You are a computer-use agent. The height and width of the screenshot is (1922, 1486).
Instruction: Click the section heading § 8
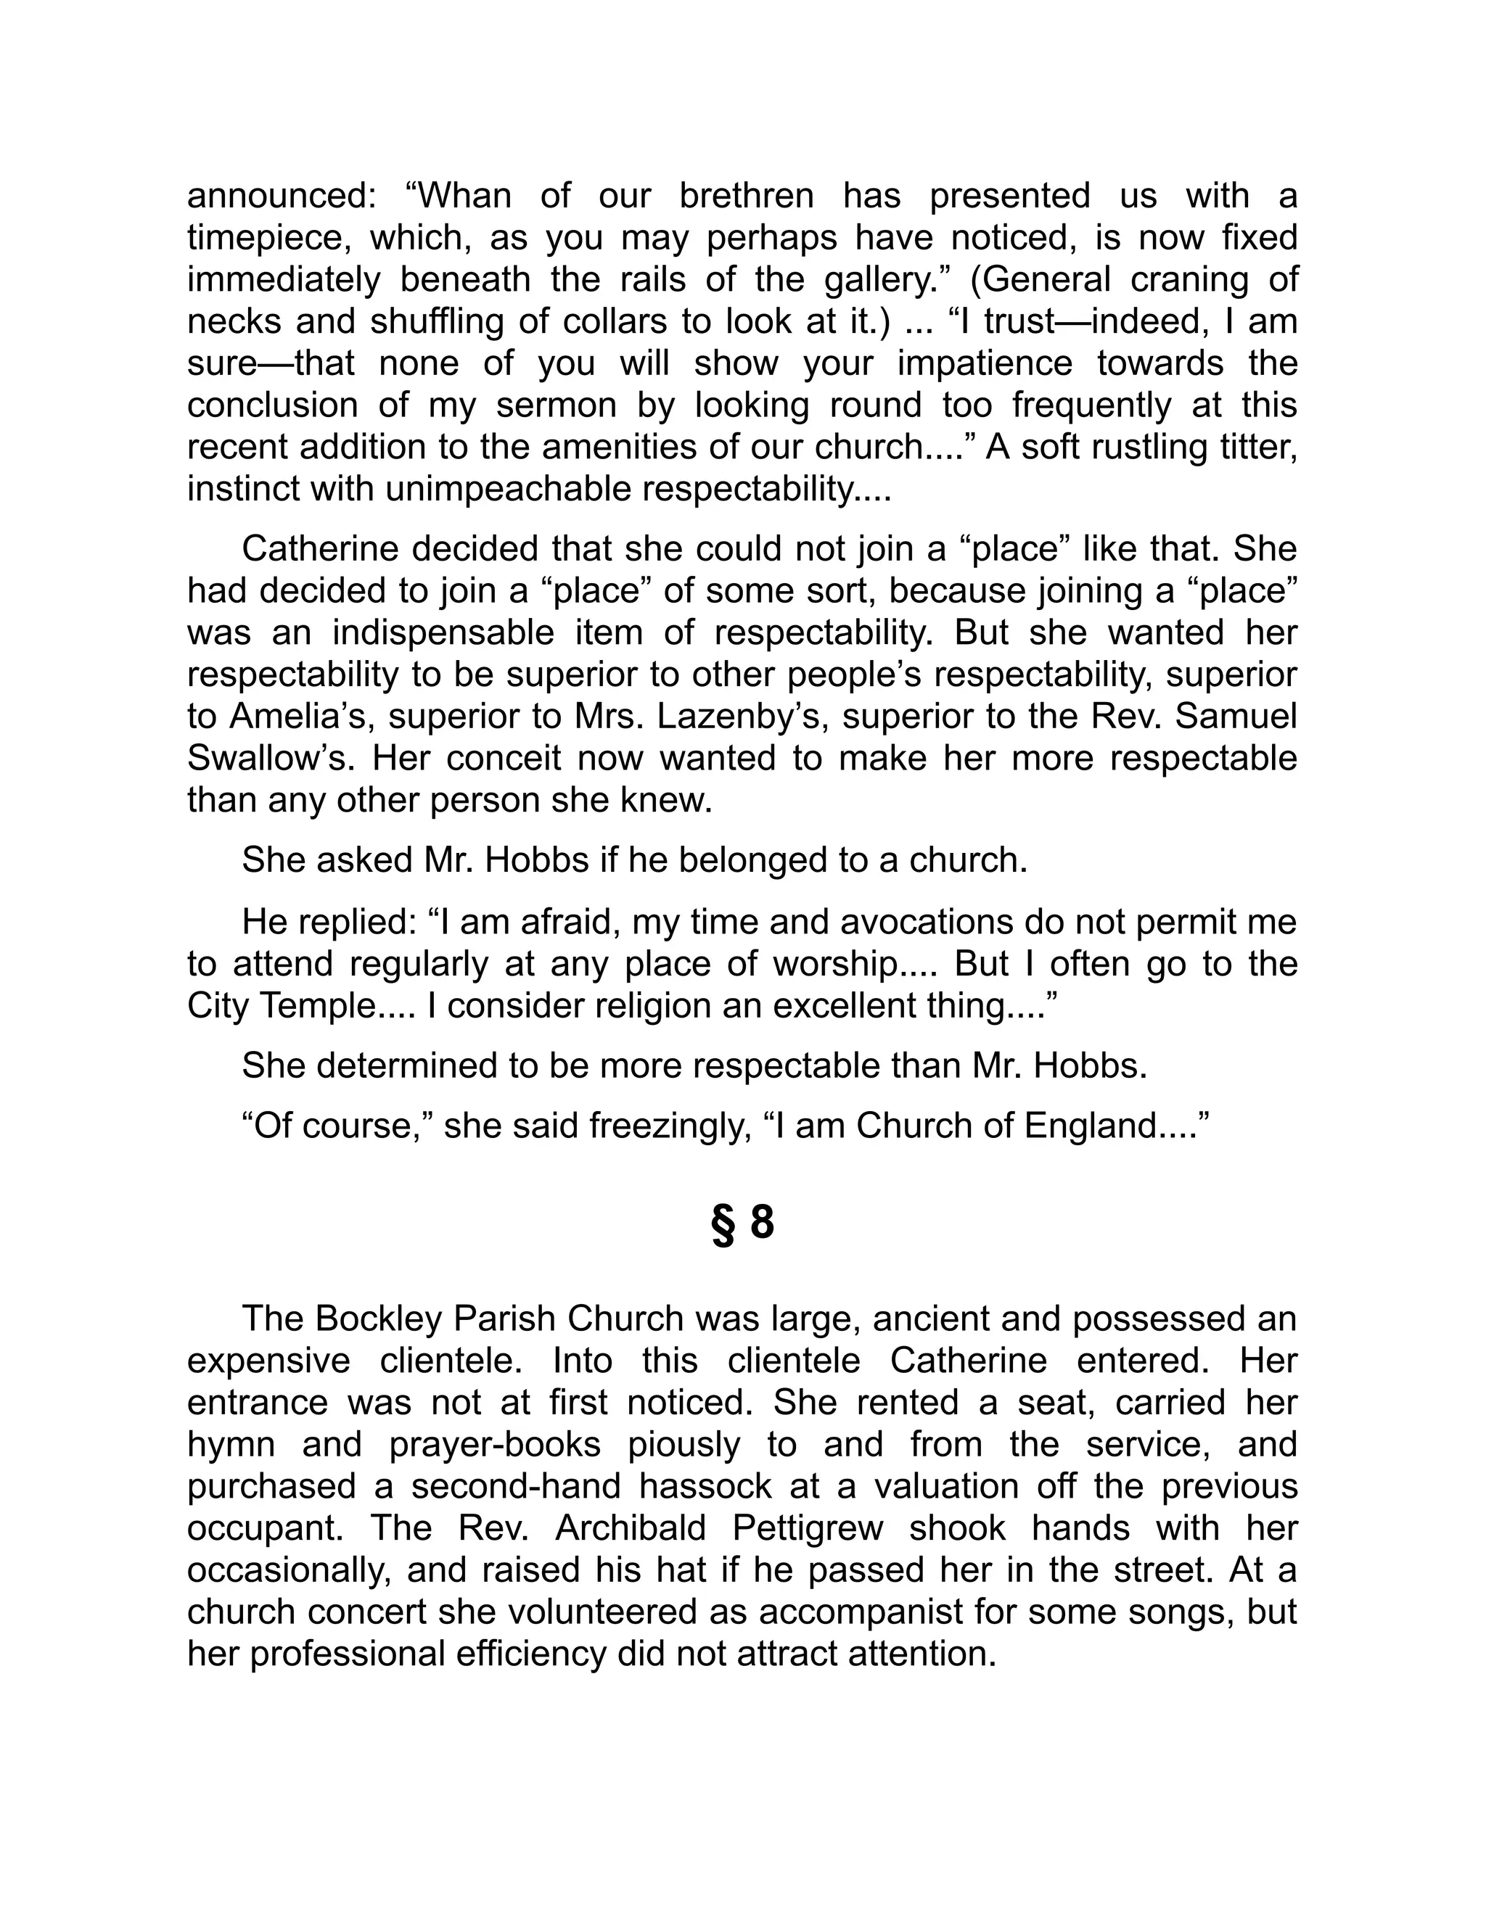pos(742,1224)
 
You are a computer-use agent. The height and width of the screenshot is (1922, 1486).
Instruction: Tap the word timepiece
pos(263,238)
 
